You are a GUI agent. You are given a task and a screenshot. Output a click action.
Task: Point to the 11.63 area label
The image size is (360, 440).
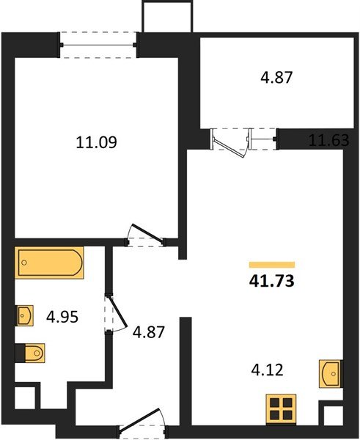[328, 142]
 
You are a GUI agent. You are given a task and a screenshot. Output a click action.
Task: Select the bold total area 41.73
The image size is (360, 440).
[271, 280]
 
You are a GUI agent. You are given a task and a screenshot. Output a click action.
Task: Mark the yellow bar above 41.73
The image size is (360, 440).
[271, 264]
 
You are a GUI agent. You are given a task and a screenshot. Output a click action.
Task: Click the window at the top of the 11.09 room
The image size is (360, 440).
[99, 43]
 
